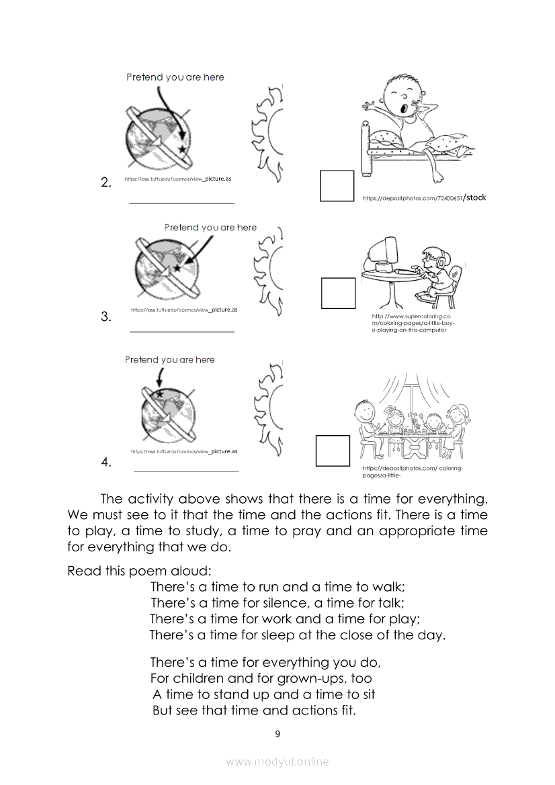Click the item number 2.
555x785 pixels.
pyautogui.click(x=105, y=182)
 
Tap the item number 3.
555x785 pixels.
pyautogui.click(x=105, y=317)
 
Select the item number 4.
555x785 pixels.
pyautogui.click(x=105, y=462)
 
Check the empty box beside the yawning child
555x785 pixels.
pyautogui.click(x=337, y=185)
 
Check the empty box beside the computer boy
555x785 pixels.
pyautogui.click(x=338, y=293)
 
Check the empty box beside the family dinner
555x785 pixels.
pyautogui.click(x=333, y=450)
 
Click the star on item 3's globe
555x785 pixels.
pyautogui.click(x=176, y=268)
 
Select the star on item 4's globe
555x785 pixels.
pyautogui.click(x=159, y=393)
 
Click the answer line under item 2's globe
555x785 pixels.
pyautogui.click(x=181, y=202)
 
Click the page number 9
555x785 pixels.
pyautogui.click(x=277, y=734)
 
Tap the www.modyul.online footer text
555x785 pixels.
pyautogui.click(x=277, y=762)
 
